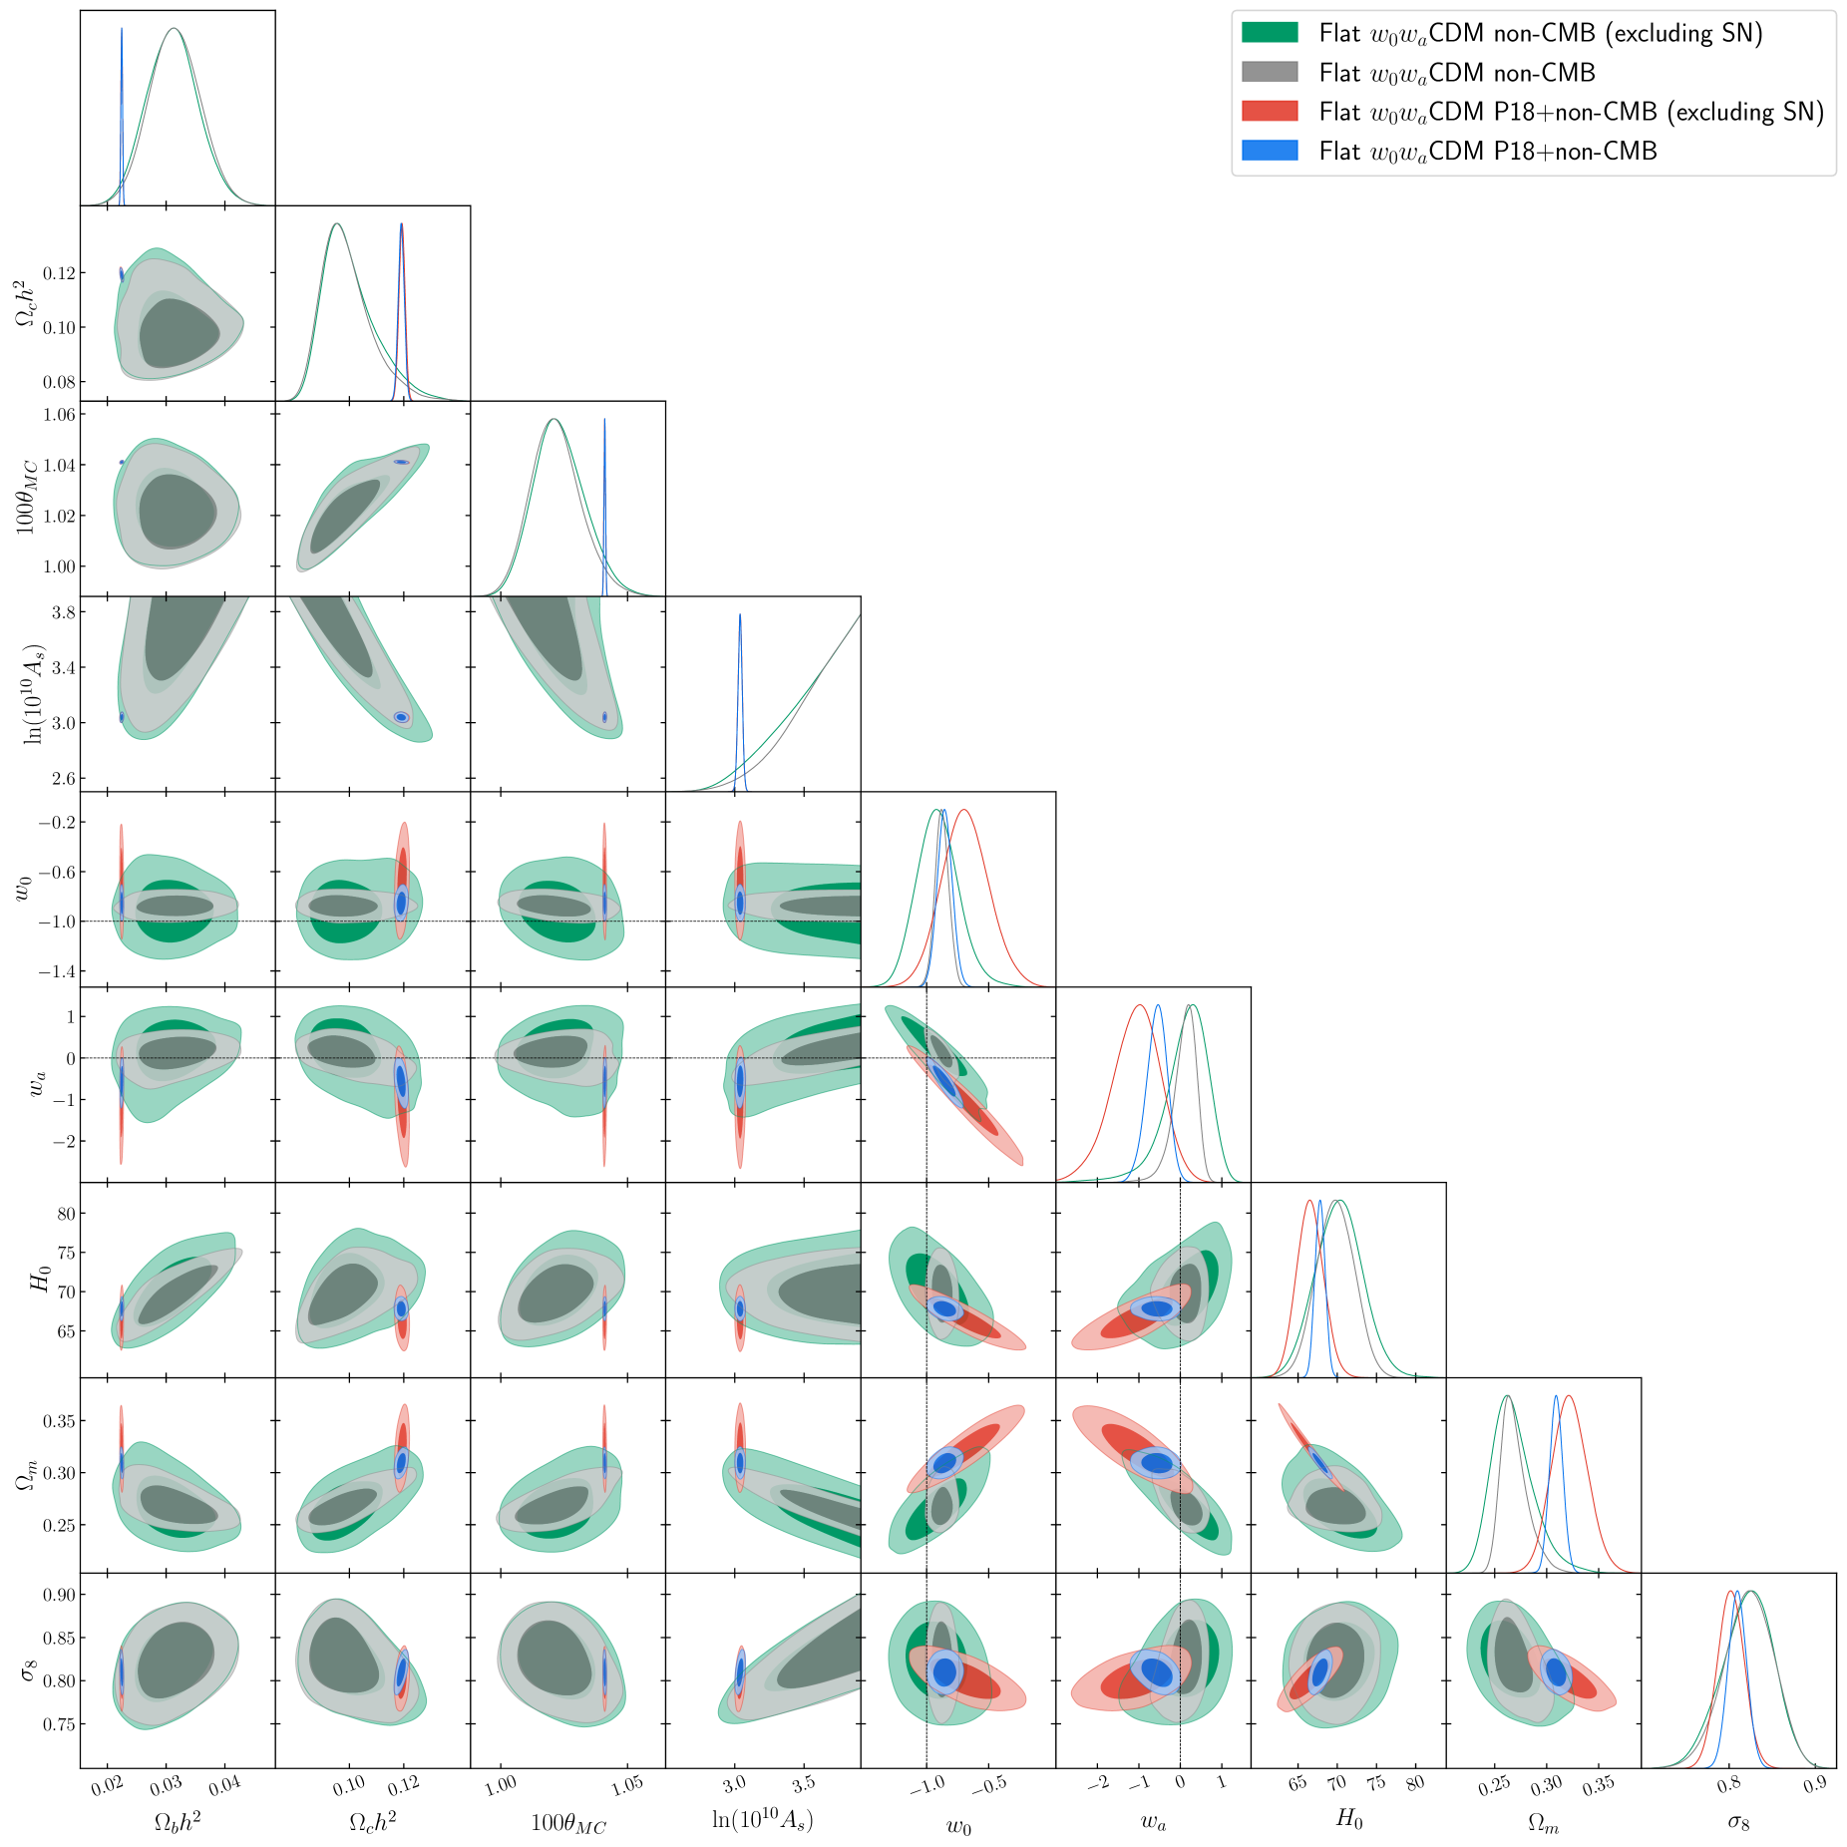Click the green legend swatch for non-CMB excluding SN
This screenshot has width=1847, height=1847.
1269,33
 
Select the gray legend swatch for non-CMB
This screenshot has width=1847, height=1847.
1269,72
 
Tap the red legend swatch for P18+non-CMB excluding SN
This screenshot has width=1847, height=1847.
1269,111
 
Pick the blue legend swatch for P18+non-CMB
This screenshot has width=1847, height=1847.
1269,151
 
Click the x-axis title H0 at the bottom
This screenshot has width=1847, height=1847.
1348,1819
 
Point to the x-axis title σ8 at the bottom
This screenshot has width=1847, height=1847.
1738,1822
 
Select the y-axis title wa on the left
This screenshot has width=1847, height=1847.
37,1084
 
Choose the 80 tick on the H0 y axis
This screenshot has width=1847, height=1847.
65,1214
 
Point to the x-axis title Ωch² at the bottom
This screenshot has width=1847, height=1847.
372,1821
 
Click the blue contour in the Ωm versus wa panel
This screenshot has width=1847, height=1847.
1157,1462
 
